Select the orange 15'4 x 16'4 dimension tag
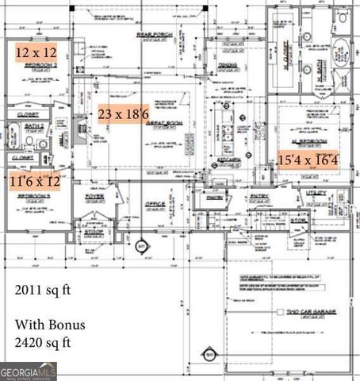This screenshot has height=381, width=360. [x=308, y=160]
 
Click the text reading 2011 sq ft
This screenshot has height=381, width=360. [x=43, y=290]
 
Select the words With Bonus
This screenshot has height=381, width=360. [x=49, y=325]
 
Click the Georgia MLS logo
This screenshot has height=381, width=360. [x=29, y=371]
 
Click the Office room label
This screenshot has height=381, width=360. [x=155, y=204]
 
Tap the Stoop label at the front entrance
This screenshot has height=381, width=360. [x=94, y=233]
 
